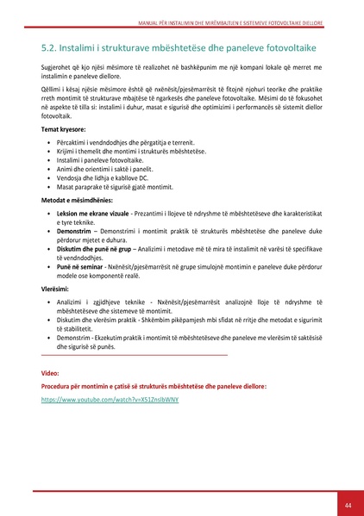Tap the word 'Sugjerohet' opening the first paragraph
coord(59,67)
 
